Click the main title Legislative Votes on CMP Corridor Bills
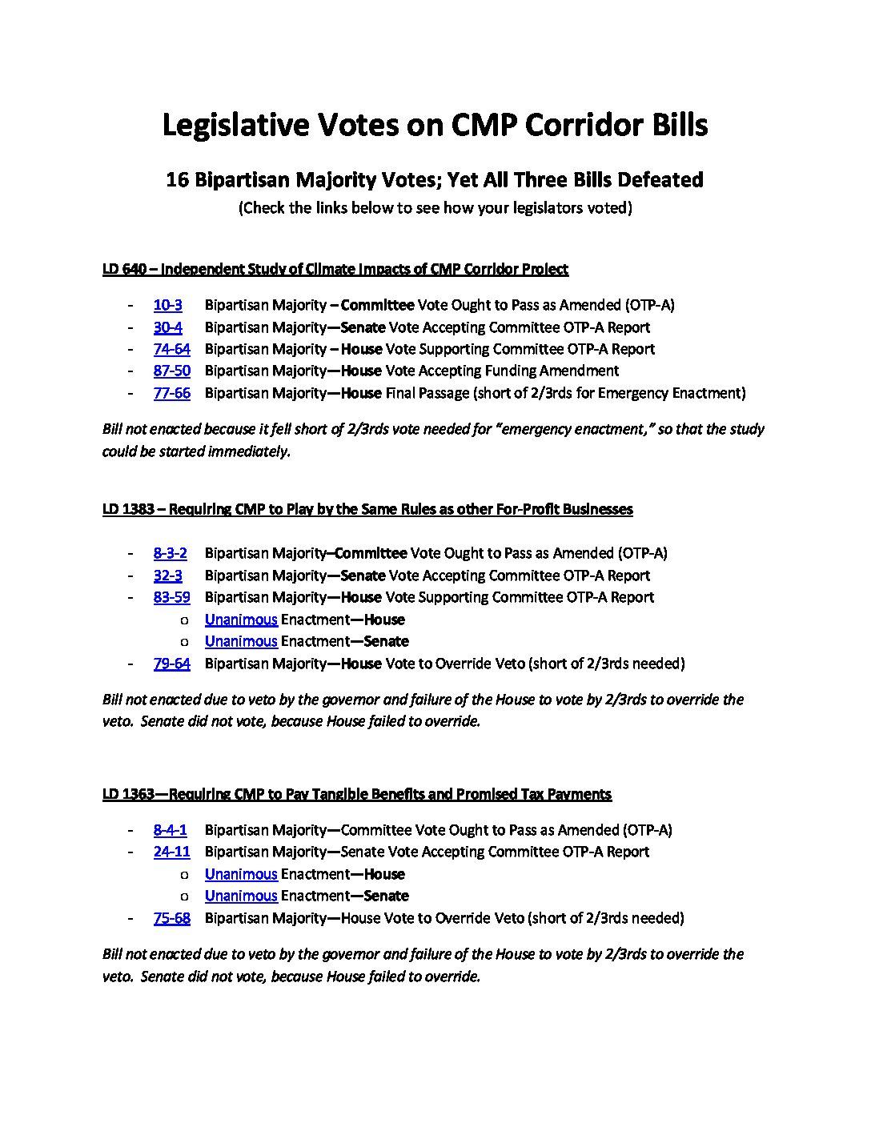[435, 125]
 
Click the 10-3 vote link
[167, 305]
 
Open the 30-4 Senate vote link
[167, 327]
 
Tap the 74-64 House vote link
[171, 349]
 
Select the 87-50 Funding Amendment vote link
[171, 371]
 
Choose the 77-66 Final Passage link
[171, 393]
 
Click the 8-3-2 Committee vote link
[170, 553]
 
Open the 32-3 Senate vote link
[167, 576]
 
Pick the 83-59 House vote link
[171, 597]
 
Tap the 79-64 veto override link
[171, 664]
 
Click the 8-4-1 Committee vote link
[170, 830]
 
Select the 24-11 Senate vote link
[171, 852]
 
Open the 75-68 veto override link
[171, 918]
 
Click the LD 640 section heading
[335, 269]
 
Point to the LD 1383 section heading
[367, 509]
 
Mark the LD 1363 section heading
[356, 794]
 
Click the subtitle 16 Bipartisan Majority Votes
[435, 179]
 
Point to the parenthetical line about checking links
[435, 208]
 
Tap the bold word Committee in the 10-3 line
[377, 305]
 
